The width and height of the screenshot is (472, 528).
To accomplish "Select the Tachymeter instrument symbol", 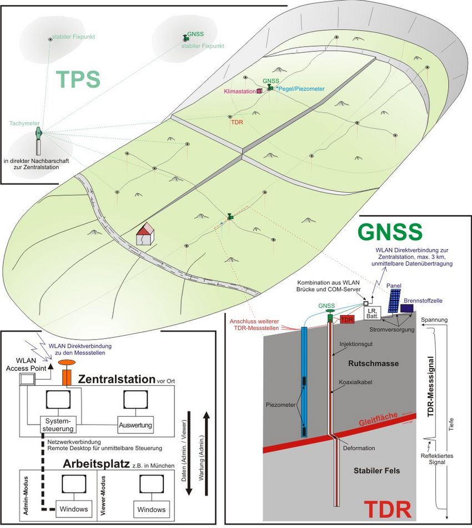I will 38,134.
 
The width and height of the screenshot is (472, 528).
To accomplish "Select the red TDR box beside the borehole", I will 347,320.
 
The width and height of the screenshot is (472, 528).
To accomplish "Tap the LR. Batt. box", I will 371,313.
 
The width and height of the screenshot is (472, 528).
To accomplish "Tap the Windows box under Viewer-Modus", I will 151,509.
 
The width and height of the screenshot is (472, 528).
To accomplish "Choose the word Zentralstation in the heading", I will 116,379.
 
